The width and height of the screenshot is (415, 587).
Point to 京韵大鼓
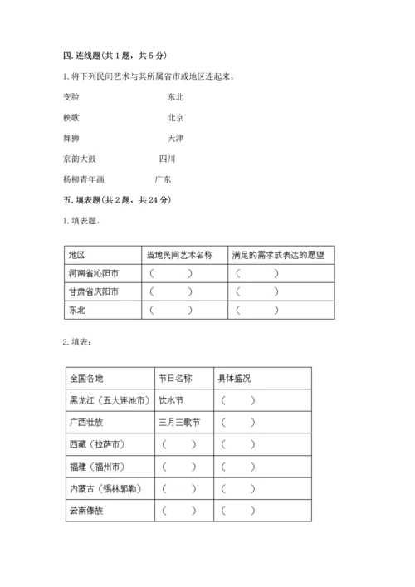pos(79,158)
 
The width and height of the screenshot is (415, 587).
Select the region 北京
pos(175,117)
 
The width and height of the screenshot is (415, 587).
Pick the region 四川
pos(167,158)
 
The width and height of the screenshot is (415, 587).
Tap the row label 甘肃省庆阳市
pos(94,291)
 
